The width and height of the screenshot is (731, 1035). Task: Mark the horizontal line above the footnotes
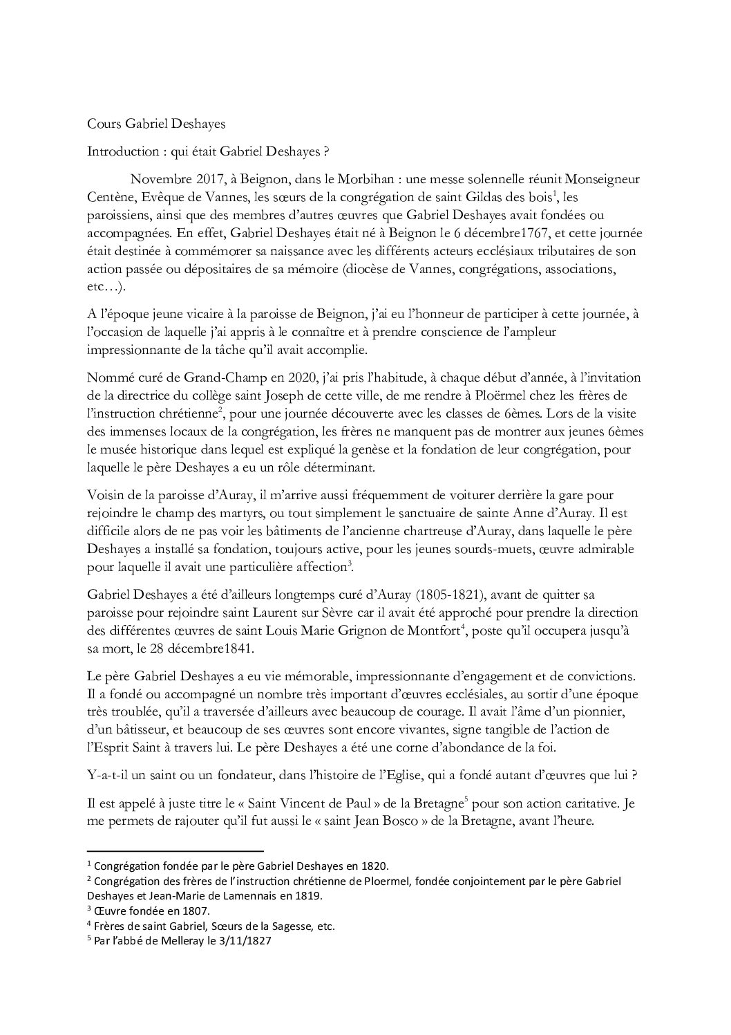coord(175,851)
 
